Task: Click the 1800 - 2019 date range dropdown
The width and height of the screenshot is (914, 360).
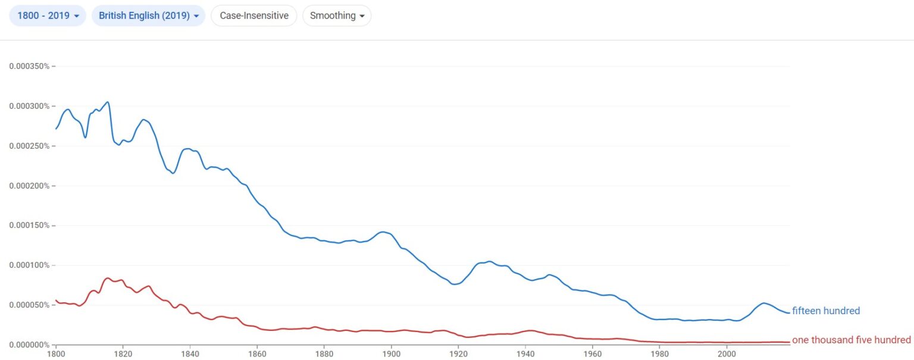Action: click(x=48, y=15)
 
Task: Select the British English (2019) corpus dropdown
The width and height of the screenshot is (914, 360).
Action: click(x=149, y=15)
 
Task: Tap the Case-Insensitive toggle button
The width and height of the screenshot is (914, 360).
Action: click(x=254, y=15)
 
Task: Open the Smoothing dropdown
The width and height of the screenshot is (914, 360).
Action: click(x=337, y=15)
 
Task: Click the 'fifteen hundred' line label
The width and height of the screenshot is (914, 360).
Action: click(x=826, y=311)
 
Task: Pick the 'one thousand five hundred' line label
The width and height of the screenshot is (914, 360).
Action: click(x=851, y=340)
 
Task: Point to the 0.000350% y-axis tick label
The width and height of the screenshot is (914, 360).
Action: click(x=29, y=66)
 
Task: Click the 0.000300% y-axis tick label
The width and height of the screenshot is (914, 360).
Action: click(x=29, y=106)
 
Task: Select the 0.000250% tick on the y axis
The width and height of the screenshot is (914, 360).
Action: click(x=29, y=146)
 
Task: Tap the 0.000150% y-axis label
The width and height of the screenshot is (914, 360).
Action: click(x=29, y=226)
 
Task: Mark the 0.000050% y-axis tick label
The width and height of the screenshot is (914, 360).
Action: click(x=29, y=305)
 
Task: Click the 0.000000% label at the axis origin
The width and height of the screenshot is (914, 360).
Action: click(x=29, y=345)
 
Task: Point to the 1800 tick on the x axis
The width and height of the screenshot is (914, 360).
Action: click(x=56, y=354)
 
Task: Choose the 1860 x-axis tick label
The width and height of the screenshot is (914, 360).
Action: click(x=257, y=354)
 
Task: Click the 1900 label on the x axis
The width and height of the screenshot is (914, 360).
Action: click(x=392, y=354)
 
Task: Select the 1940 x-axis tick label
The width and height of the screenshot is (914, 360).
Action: click(x=525, y=354)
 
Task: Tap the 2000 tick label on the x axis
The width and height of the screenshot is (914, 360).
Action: click(x=727, y=354)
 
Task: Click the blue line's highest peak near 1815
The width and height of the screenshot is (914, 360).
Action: click(x=108, y=102)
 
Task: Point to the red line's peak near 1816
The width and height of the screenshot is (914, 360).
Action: click(x=107, y=278)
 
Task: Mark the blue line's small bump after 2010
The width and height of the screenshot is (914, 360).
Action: click(x=763, y=303)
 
